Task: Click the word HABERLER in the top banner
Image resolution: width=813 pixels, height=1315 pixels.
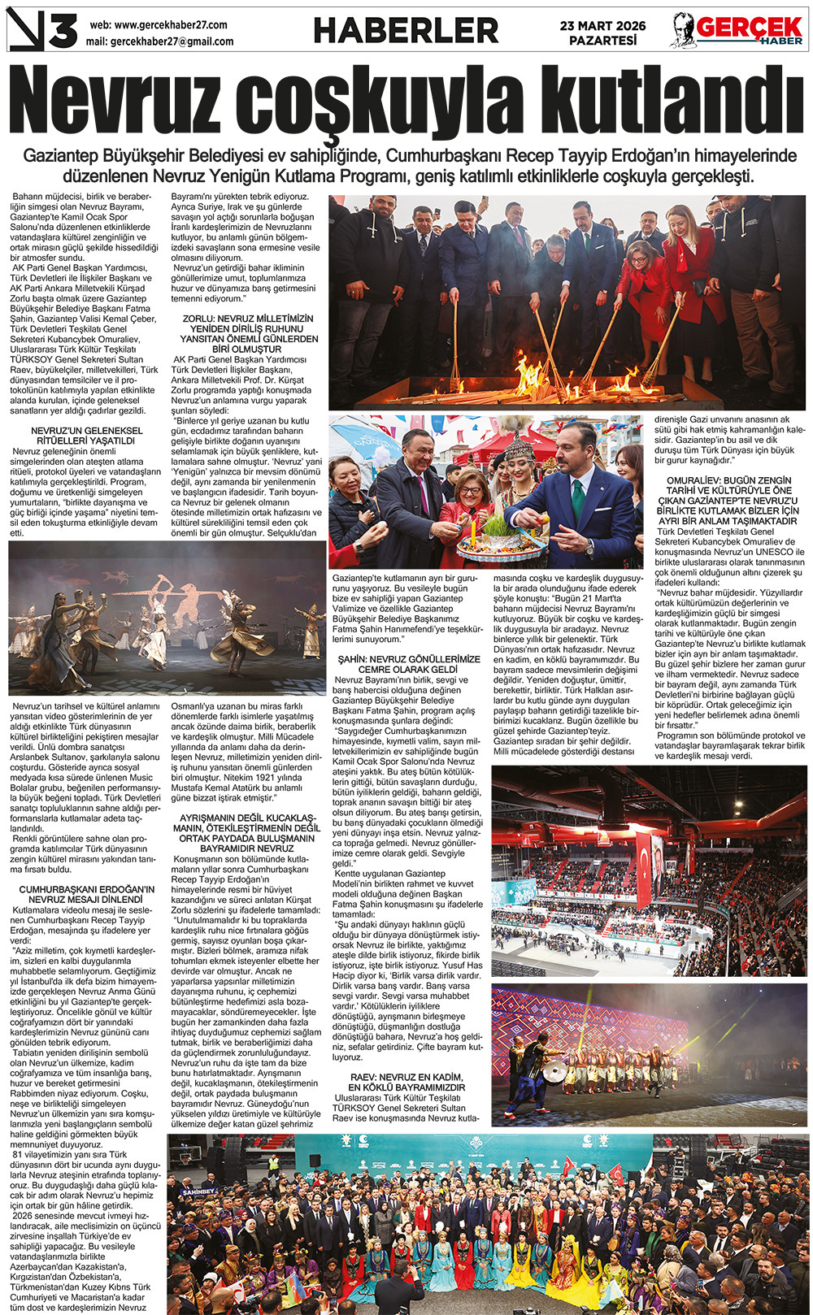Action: coord(406,31)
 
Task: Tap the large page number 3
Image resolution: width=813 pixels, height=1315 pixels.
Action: coord(63,32)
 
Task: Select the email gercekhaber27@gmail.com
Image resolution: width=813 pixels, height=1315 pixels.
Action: coord(172,41)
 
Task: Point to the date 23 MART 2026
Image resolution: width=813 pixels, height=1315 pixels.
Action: coord(602,26)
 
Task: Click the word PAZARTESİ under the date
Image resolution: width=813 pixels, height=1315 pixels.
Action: coord(602,41)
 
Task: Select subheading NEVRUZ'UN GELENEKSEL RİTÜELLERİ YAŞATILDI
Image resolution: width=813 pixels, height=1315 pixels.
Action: coord(86,436)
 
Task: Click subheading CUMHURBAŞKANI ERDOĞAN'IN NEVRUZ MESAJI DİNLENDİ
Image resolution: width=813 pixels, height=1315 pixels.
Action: coord(86,894)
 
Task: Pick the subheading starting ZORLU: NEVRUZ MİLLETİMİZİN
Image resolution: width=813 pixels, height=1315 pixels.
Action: coord(249,334)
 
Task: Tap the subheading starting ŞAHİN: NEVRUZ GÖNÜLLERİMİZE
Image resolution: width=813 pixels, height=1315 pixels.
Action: coord(409,664)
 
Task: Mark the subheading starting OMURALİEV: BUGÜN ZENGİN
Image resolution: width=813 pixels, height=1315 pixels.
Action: coord(728,501)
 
